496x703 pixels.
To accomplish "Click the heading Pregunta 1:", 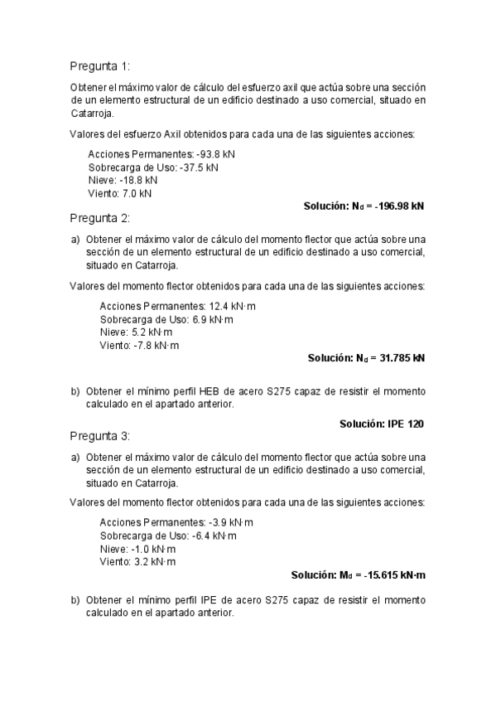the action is click(x=99, y=66).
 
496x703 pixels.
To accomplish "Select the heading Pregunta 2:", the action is click(x=99, y=219).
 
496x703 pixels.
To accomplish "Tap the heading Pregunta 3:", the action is click(x=99, y=436).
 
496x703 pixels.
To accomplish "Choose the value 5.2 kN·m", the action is click(x=150, y=332).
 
